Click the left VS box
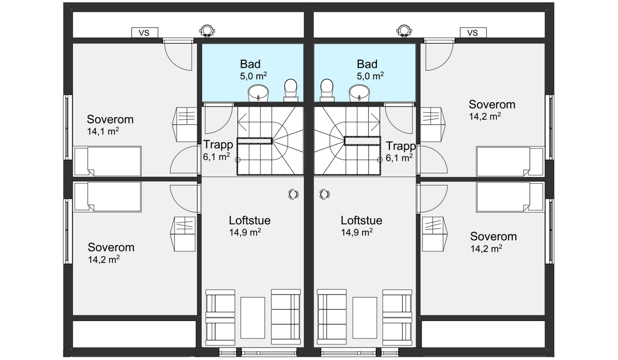coord(145,33)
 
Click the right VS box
coord(473,33)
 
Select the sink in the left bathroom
coord(258,93)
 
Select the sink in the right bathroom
coord(359,93)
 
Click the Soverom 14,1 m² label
coord(110,124)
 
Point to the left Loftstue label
coord(249,220)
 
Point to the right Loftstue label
coord(361,220)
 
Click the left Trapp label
coord(218,144)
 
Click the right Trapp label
coord(401,146)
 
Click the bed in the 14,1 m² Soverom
coord(108,161)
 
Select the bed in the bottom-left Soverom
coord(108,197)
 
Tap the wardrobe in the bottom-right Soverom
coord(435,234)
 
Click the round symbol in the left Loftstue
coord(293,194)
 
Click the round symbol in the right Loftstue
coord(324,194)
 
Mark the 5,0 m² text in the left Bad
coord(253,76)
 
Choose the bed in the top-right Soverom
coord(510,161)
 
